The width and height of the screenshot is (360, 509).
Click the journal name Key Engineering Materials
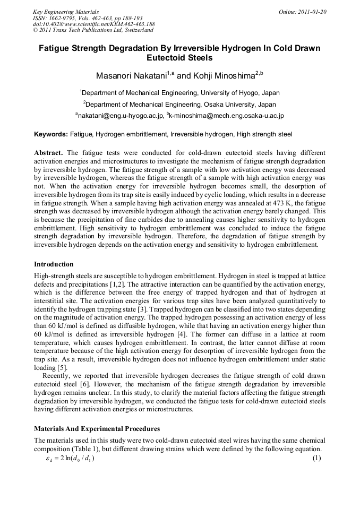[x=65, y=11]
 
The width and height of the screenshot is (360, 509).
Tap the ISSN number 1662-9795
[x=62, y=18]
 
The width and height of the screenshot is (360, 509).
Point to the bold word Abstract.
[x=48, y=152]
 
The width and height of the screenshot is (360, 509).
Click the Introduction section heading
[x=54, y=264]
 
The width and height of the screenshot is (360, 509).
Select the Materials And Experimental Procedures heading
[x=97, y=428]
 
